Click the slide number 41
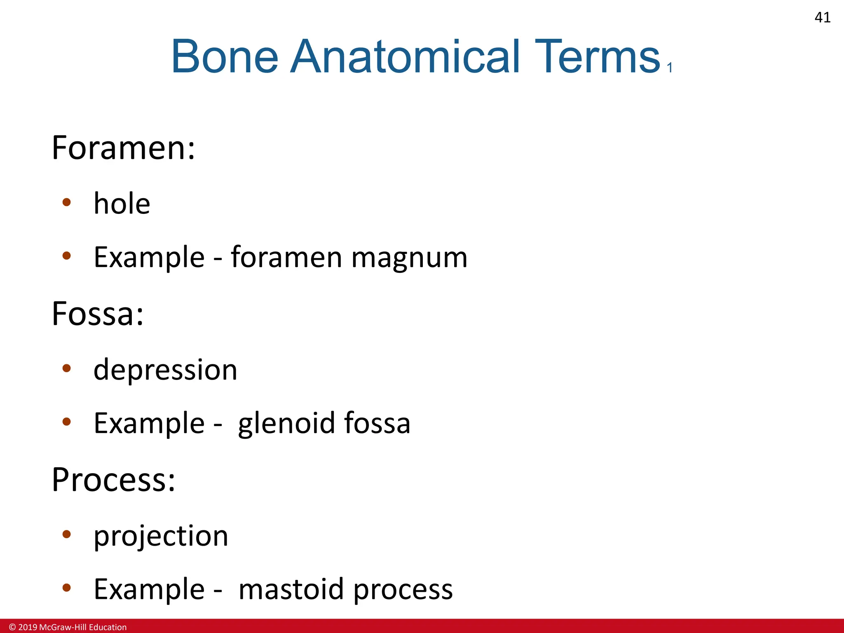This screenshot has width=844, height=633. tap(822, 17)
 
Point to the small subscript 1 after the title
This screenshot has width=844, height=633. tap(670, 68)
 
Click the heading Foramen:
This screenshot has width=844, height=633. tap(123, 148)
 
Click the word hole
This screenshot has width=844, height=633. tap(122, 204)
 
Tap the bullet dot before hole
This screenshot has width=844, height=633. tap(67, 202)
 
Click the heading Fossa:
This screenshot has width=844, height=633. tap(98, 314)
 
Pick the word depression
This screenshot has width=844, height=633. tap(165, 370)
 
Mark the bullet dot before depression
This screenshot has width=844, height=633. tap(67, 368)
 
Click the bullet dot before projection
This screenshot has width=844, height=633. tap(67, 535)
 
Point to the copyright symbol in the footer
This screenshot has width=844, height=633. tap(12, 627)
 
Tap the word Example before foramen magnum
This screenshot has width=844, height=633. tap(149, 258)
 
